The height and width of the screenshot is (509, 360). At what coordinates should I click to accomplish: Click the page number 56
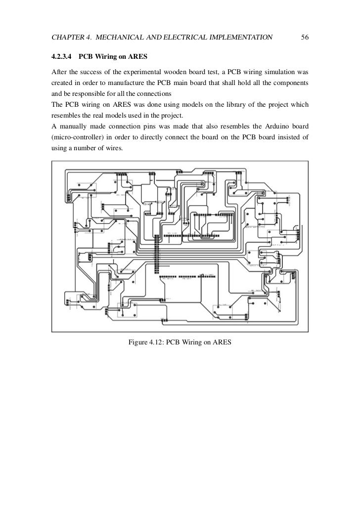click(305, 38)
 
